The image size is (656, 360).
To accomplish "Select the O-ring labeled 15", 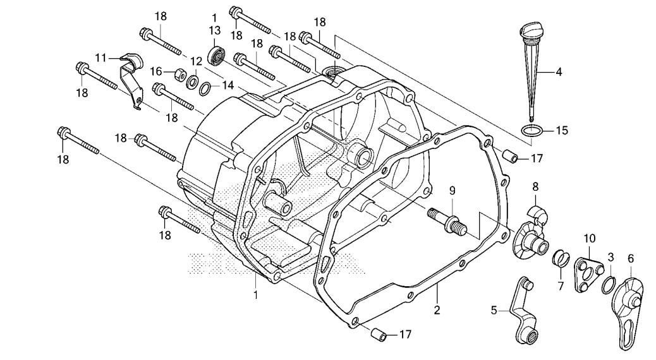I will [532, 131].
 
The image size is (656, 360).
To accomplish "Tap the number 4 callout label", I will [559, 72].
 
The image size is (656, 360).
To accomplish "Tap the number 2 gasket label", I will [436, 310].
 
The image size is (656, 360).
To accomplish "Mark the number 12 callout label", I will [196, 61].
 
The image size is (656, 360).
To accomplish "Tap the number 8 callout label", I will [535, 186].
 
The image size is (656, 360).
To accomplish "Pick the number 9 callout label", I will [452, 190].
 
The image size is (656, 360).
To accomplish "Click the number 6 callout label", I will [630, 258].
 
